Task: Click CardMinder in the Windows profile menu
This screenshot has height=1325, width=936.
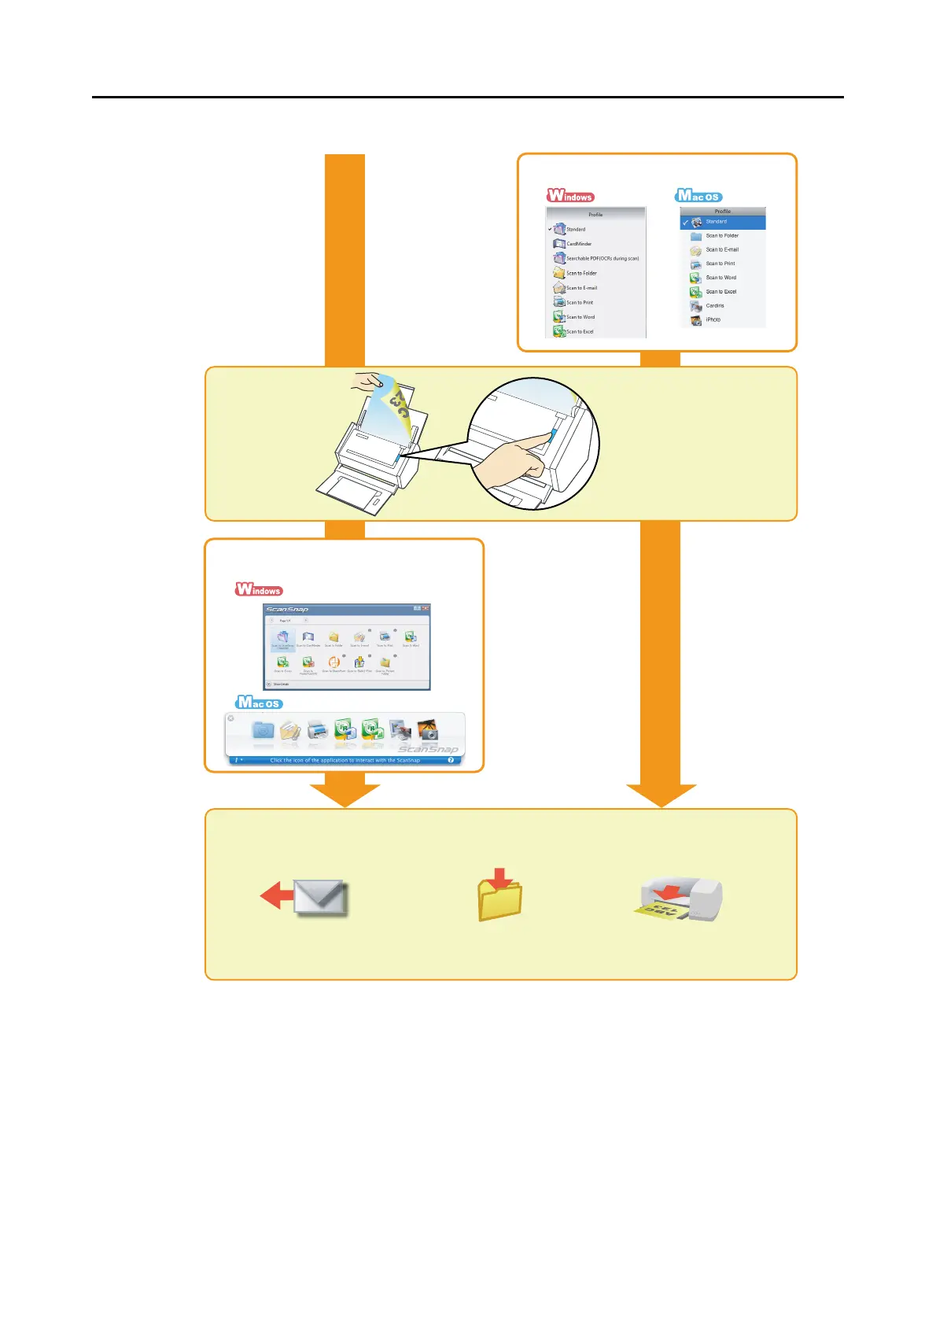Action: [579, 244]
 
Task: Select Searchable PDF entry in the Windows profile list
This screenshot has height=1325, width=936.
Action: [602, 258]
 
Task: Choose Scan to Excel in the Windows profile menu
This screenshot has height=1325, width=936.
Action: [580, 332]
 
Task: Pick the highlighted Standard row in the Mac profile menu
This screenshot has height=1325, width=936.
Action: [722, 222]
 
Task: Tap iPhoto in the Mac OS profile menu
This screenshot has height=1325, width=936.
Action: [713, 319]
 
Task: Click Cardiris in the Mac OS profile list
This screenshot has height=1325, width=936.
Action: [714, 305]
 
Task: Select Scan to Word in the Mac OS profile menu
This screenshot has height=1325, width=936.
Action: [720, 278]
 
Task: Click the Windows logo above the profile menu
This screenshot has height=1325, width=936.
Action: [571, 196]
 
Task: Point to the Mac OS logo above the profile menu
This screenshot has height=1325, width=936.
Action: [698, 196]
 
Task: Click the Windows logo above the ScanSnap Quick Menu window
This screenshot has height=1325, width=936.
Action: [259, 589]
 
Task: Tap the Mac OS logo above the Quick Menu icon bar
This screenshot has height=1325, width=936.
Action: [259, 703]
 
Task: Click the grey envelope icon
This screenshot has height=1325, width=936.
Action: [319, 898]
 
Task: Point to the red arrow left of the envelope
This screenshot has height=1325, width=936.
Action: [275, 895]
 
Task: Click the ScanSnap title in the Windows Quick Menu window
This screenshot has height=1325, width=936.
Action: [287, 609]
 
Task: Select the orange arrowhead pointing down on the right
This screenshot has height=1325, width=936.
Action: [661, 795]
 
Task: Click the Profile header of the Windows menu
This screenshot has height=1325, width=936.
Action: [595, 214]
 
